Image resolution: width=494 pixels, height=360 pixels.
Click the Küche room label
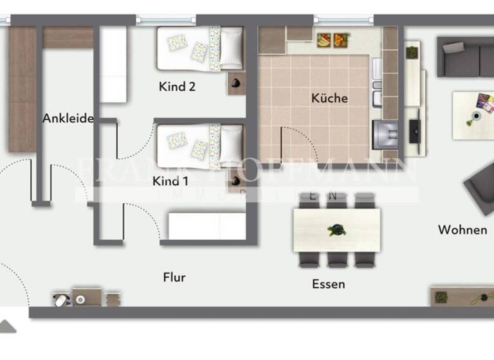click(x=329, y=98)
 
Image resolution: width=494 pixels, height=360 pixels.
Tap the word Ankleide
click(x=68, y=118)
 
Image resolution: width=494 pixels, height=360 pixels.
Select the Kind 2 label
click(x=177, y=87)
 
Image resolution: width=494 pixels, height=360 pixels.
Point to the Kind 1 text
click(x=170, y=181)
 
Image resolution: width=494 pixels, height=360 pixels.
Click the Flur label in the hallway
click(x=174, y=278)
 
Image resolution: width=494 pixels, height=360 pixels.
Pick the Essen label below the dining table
click(x=328, y=283)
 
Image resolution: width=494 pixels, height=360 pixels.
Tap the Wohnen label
click(x=462, y=230)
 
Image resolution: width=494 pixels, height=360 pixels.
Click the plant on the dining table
click(x=335, y=230)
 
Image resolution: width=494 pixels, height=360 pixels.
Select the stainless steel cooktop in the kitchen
click(x=387, y=135)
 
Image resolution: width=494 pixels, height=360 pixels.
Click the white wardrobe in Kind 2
click(x=113, y=64)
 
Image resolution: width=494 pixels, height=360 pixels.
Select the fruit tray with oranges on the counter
click(x=324, y=40)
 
